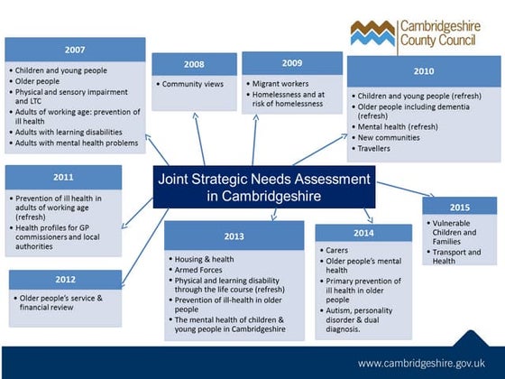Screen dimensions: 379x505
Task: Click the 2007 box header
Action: click(x=75, y=49)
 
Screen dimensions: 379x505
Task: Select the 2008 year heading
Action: click(x=193, y=65)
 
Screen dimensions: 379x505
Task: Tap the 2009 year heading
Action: click(x=291, y=63)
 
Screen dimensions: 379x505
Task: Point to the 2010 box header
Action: click(x=423, y=70)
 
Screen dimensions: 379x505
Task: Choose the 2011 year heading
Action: click(x=63, y=178)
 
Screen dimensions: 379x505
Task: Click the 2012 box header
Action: click(x=64, y=280)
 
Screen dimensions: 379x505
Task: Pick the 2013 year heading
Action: click(x=234, y=236)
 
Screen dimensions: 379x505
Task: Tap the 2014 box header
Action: click(x=363, y=234)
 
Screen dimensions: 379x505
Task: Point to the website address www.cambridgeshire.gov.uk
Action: click(x=427, y=363)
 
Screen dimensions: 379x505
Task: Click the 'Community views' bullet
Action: click(x=194, y=84)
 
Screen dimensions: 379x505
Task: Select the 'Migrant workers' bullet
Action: click(x=282, y=84)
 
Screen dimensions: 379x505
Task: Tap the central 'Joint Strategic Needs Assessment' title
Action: click(x=262, y=187)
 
